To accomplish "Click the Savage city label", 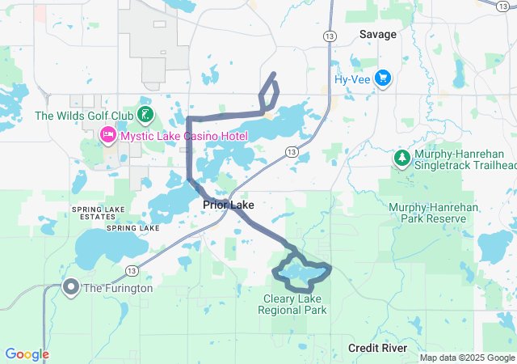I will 378,35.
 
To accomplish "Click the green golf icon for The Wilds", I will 145,115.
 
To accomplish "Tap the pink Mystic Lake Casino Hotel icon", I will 107,136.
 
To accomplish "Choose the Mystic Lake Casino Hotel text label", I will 183,136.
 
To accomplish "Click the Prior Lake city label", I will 229,205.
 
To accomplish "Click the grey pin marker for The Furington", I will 71,287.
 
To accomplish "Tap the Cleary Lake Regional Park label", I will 292,303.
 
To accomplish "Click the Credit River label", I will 377,347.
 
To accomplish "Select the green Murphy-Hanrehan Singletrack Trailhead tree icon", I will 401,159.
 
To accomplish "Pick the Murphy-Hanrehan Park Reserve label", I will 427,213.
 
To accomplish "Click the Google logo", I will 27,353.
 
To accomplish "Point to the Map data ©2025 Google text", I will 466,358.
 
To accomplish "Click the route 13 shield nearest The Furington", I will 130,269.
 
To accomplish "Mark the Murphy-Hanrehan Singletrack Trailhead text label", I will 464,159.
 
